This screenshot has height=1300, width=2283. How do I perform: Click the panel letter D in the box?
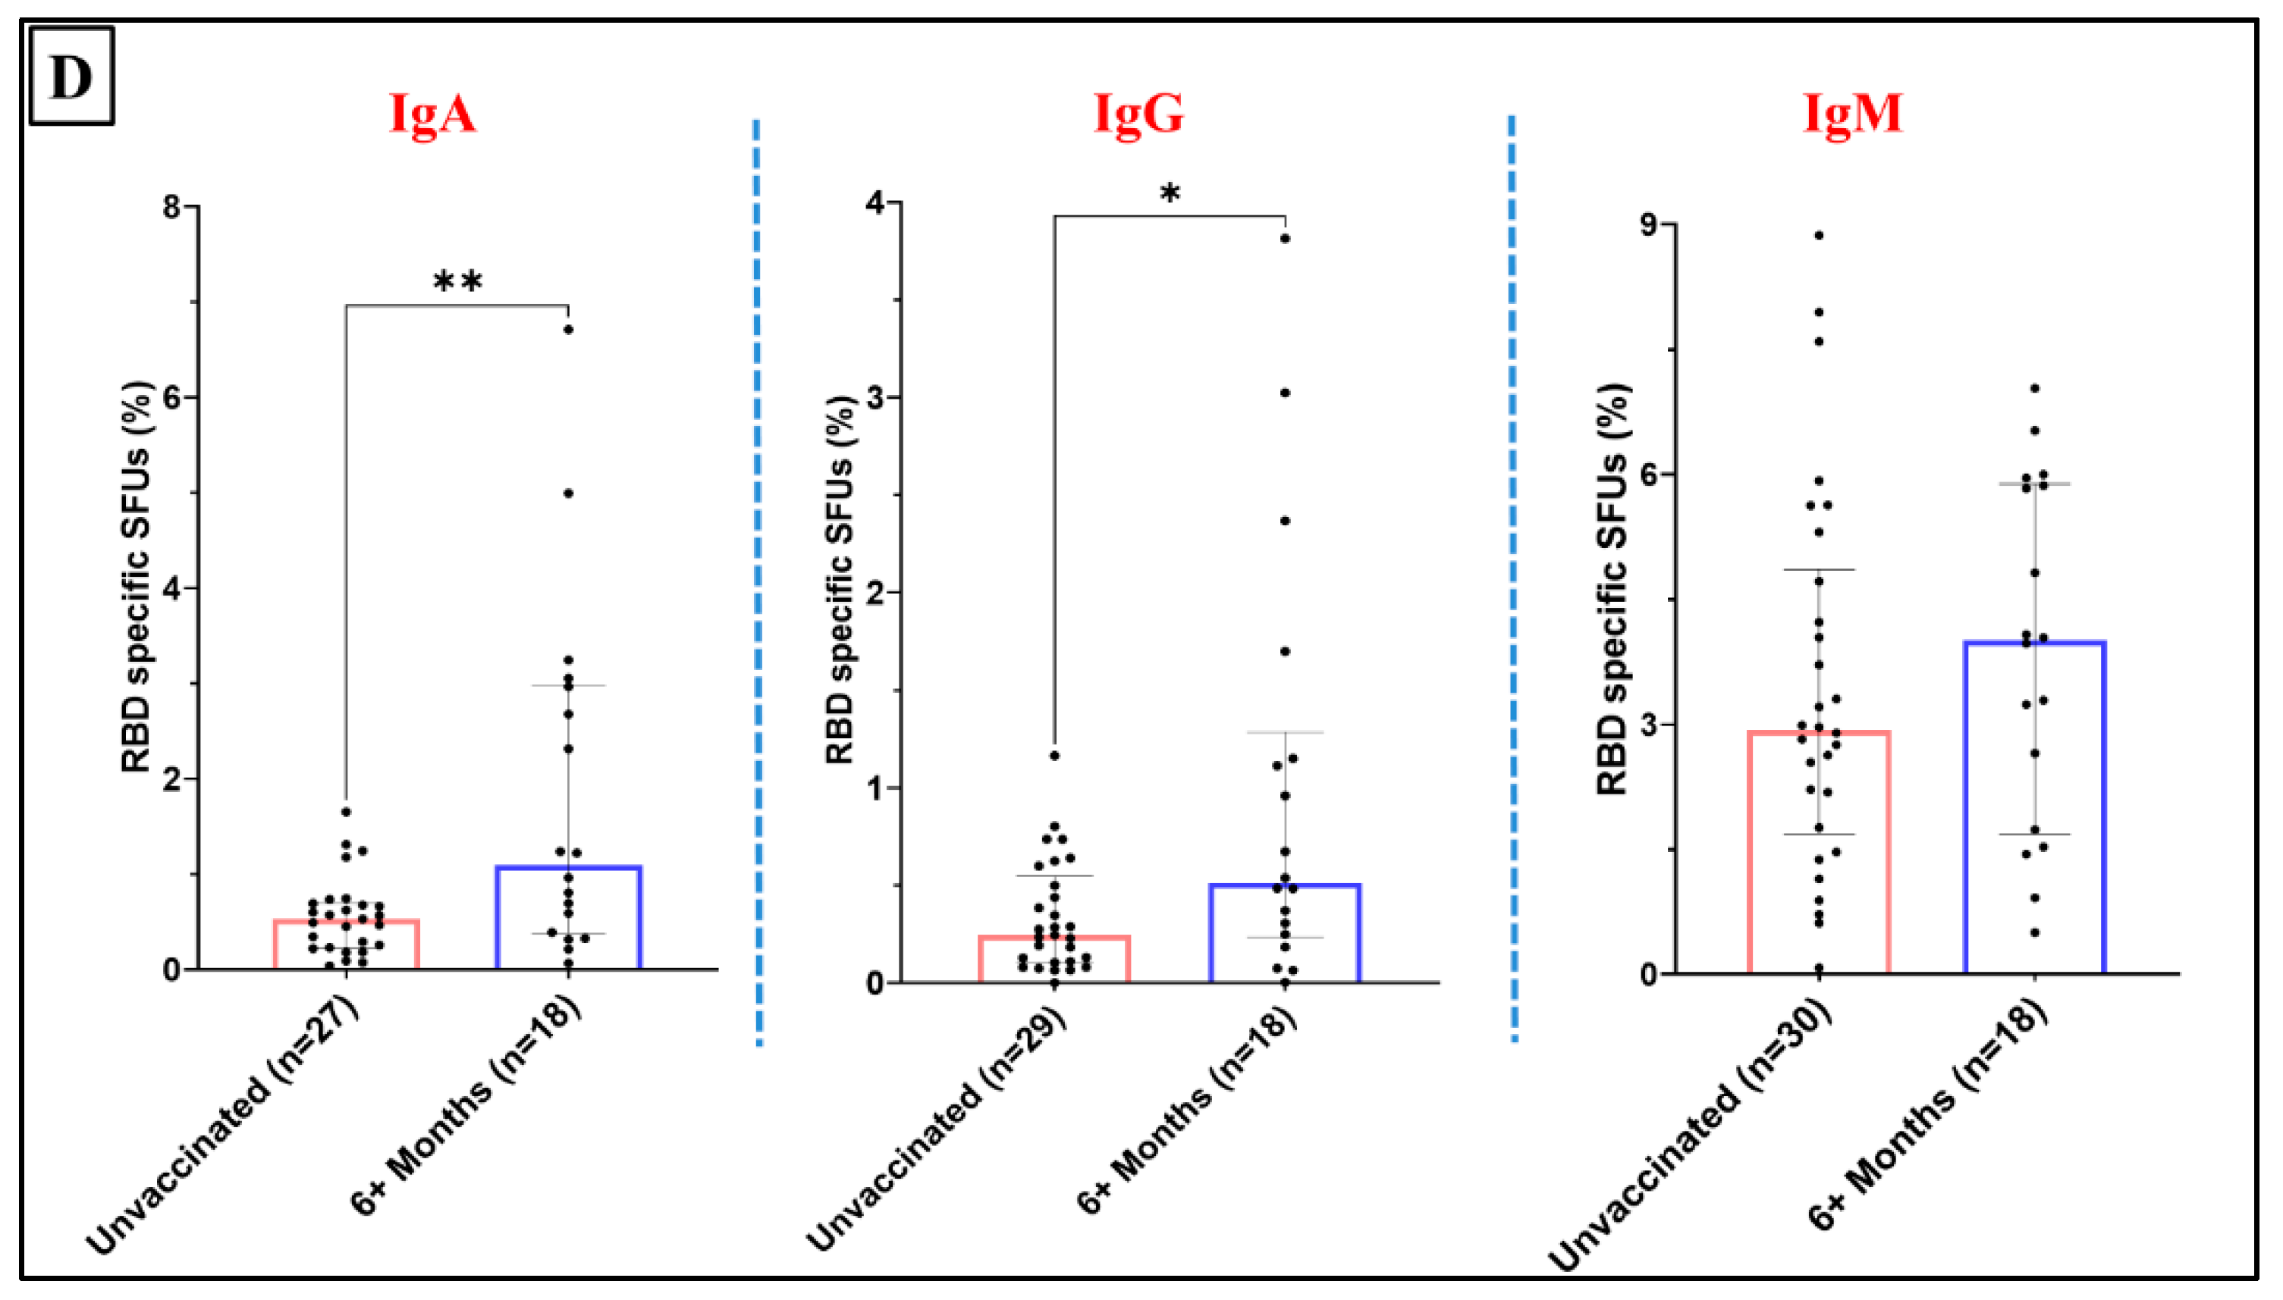(71, 77)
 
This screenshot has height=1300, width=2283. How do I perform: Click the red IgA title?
(432, 114)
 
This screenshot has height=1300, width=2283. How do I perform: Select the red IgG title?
(1138, 114)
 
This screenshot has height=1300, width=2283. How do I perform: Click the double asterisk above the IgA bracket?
(457, 283)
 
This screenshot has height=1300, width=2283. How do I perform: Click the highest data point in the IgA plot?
(568, 330)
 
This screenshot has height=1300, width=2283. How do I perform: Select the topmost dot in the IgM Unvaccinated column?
(1819, 236)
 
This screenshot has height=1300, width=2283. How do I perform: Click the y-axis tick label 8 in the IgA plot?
(171, 207)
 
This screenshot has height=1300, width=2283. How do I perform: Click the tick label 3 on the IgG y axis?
(875, 397)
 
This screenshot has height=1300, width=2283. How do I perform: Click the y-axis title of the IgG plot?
(840, 581)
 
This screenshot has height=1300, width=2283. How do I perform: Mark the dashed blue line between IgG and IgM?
(1512, 581)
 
